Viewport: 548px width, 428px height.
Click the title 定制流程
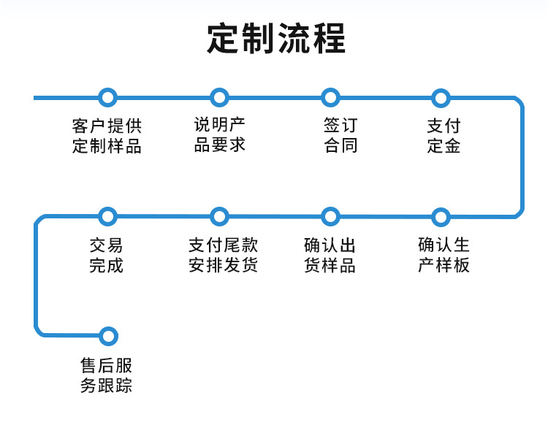275,38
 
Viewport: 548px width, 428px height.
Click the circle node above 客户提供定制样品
107,97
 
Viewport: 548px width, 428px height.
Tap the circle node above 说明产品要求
219,97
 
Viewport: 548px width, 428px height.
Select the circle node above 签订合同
331,97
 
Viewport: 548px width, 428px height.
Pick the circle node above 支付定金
440,97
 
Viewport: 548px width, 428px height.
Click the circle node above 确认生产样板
440,216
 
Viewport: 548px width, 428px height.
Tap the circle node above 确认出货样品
331,216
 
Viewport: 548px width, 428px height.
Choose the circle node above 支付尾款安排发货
219,216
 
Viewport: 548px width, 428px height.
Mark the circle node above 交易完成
107,216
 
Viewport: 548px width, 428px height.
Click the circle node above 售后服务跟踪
107,336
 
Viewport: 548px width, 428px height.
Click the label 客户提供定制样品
107,135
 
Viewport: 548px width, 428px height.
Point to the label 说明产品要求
219,134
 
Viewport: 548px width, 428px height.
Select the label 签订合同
340,135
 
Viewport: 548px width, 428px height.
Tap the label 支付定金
444,135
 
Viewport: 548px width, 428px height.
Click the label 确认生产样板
444,254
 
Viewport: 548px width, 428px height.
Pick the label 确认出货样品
330,254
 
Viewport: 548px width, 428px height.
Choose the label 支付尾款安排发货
223,254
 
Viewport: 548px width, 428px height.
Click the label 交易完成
107,254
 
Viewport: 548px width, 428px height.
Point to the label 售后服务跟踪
107,375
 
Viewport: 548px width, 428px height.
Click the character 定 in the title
223,38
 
